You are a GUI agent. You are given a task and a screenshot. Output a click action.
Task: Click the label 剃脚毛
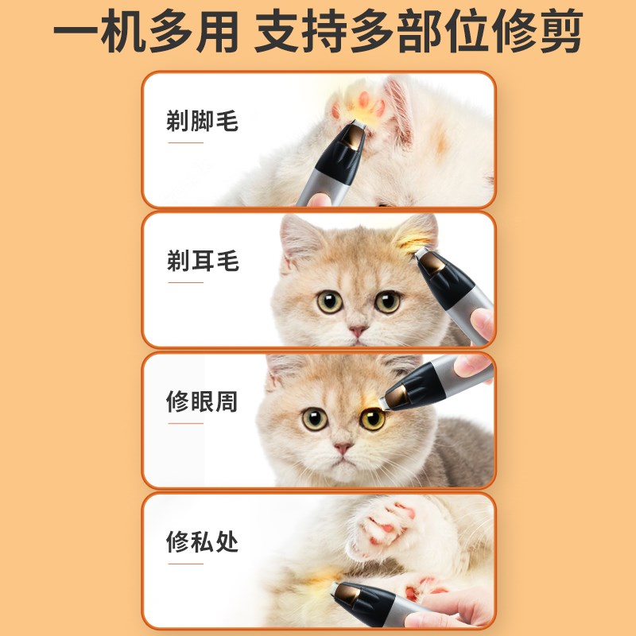click(x=202, y=122)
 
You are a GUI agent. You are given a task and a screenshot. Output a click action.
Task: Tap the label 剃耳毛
click(x=202, y=261)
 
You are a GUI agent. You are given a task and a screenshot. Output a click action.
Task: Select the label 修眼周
click(x=202, y=402)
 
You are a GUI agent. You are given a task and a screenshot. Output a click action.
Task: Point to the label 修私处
click(x=202, y=543)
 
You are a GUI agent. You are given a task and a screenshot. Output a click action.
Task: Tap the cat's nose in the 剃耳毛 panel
click(x=358, y=330)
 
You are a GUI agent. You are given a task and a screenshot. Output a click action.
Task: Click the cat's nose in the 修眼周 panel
click(x=343, y=449)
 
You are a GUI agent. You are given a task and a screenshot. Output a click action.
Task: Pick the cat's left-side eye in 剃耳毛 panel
click(x=329, y=302)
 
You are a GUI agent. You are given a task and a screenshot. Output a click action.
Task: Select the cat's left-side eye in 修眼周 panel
click(x=315, y=419)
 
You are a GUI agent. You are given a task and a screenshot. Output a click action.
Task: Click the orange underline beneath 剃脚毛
click(x=186, y=144)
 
